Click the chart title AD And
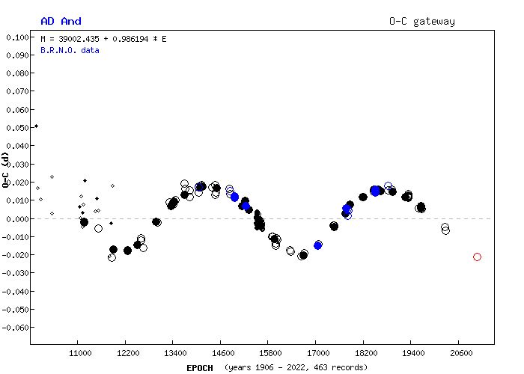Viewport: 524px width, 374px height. (61, 21)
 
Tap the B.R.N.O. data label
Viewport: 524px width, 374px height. (70, 50)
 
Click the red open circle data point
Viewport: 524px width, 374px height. (477, 257)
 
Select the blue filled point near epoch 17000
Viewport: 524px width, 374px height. (318, 245)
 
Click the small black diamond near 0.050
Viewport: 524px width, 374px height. (36, 126)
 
